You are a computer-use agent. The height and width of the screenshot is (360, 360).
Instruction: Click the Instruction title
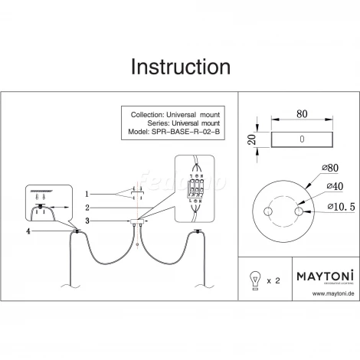[x=180, y=67]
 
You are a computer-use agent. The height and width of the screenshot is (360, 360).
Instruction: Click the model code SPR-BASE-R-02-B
[x=187, y=131]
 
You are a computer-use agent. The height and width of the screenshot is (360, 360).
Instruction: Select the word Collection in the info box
[x=148, y=113]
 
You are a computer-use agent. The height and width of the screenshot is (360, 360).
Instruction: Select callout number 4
[x=29, y=231]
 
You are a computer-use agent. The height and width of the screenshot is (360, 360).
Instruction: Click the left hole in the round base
[x=268, y=211]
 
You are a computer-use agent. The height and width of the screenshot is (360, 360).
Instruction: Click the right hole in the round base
[x=300, y=211]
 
